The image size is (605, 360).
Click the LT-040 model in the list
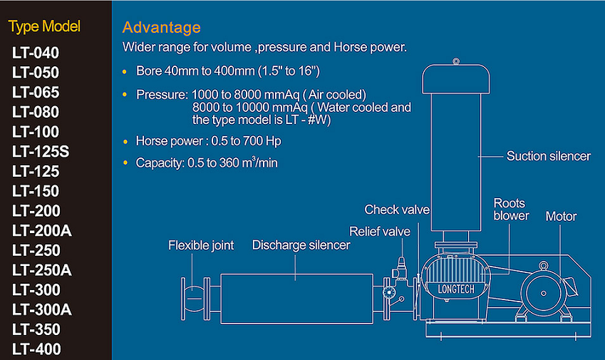click(36, 53)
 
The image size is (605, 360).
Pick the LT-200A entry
click(42, 231)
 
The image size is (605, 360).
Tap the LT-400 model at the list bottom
click(36, 349)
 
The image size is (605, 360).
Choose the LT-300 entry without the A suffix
click(36, 290)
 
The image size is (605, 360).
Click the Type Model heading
click(44, 27)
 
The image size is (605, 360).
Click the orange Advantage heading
click(162, 28)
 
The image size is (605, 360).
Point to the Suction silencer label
click(548, 156)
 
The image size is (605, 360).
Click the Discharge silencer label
click(301, 245)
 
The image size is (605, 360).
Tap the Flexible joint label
click(201, 245)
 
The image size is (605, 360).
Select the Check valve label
click(397, 210)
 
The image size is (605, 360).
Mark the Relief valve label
click(380, 232)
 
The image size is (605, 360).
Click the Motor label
click(561, 217)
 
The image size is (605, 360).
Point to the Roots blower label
click(511, 210)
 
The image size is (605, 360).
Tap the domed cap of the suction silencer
click(455, 79)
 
